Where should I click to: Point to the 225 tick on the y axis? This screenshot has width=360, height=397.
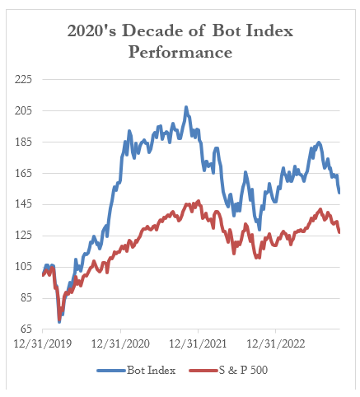click(x=23, y=80)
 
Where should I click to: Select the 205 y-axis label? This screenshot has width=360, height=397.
click(x=23, y=111)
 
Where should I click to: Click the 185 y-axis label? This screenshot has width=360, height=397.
click(x=23, y=142)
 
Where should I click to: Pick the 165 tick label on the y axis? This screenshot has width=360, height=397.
click(x=23, y=174)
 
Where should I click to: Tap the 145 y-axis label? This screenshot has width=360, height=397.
click(x=23, y=205)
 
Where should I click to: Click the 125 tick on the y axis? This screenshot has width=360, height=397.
click(x=23, y=236)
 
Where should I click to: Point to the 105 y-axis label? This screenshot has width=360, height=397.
click(x=23, y=268)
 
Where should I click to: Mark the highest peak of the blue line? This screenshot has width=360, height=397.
click(x=185, y=107)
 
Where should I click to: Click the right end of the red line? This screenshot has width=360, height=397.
click(x=339, y=232)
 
